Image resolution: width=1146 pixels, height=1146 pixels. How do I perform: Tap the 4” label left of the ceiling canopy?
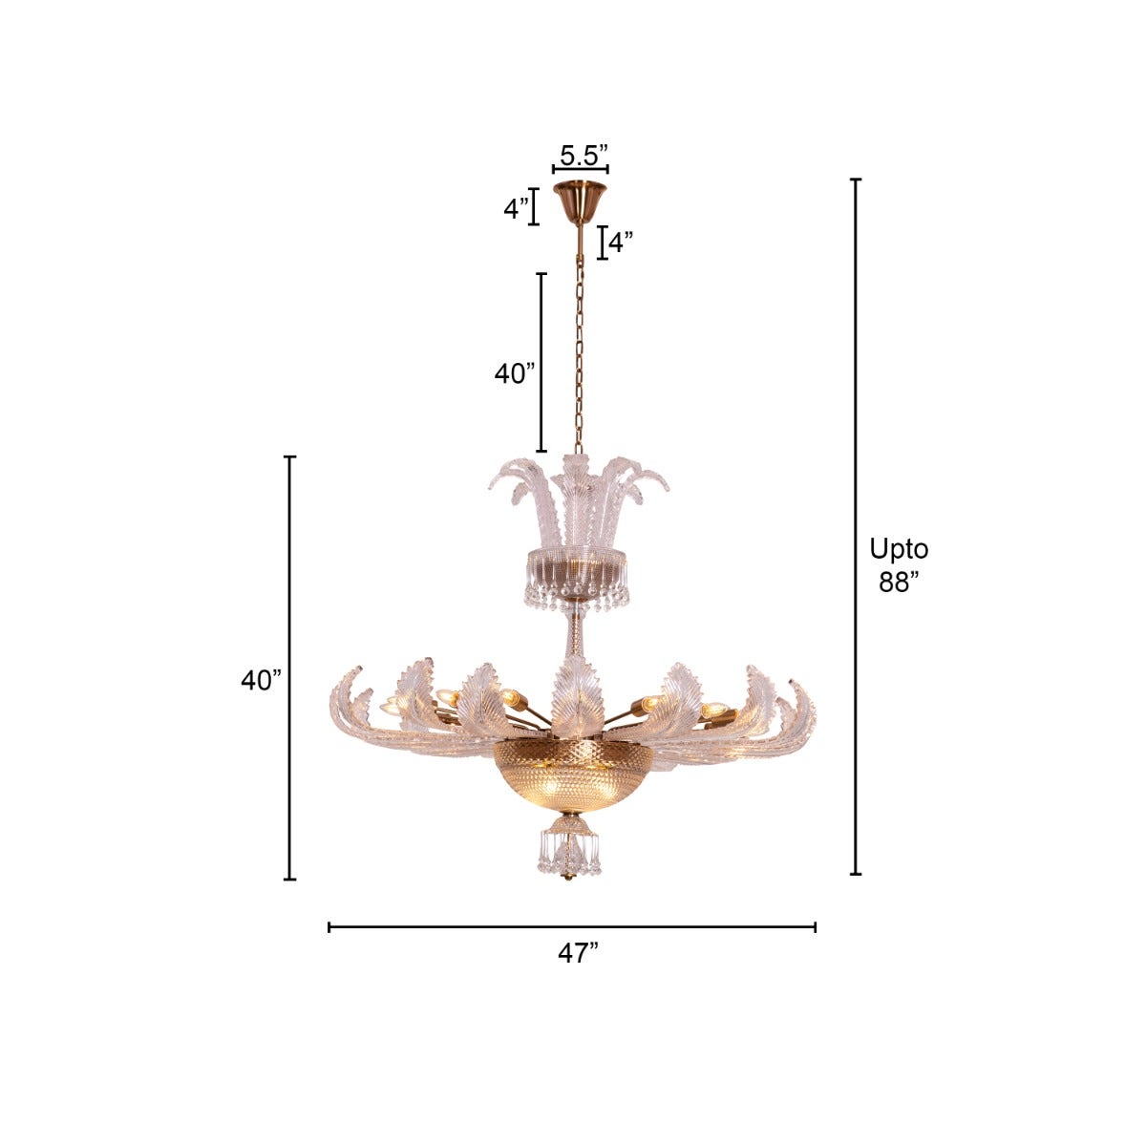(517, 208)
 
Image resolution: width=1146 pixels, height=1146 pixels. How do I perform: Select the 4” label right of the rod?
(622, 243)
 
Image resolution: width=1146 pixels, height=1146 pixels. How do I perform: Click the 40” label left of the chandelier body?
(261, 680)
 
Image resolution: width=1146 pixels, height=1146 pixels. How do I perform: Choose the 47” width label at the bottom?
(578, 953)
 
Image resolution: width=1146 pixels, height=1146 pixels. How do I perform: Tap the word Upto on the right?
(899, 549)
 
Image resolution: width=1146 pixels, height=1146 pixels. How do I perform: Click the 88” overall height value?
(899, 583)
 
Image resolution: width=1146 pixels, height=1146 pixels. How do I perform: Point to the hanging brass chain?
(578, 353)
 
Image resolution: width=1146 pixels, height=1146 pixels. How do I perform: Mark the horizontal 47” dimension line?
(571, 926)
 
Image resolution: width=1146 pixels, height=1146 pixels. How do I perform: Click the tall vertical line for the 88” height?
(856, 525)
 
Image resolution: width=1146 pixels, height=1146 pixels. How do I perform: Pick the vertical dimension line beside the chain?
(541, 363)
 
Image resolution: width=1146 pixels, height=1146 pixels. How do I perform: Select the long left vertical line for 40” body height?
(290, 668)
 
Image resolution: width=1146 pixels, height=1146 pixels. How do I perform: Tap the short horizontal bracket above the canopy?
(580, 170)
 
